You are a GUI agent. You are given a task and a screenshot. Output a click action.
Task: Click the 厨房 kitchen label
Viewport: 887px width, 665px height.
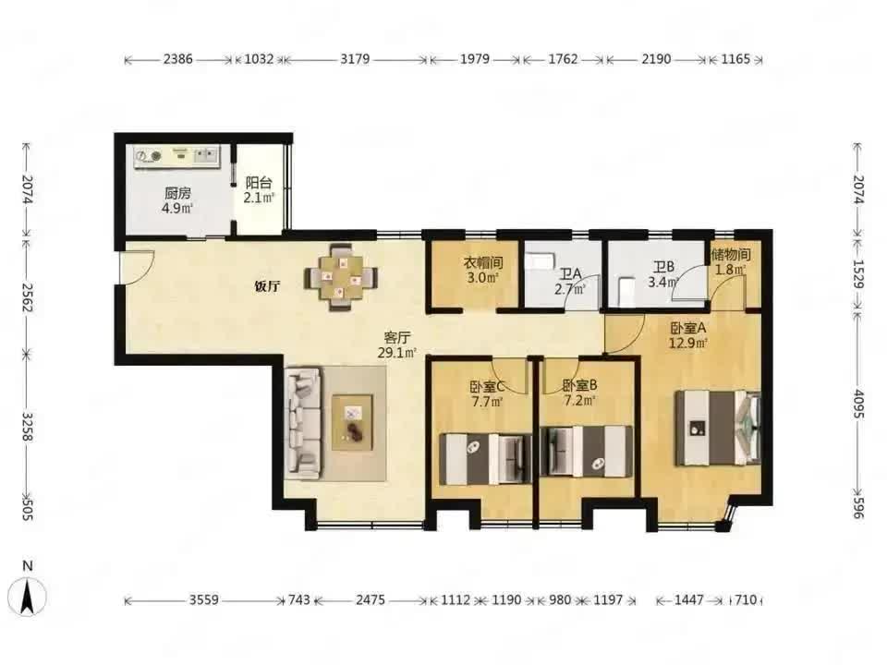click(177, 193)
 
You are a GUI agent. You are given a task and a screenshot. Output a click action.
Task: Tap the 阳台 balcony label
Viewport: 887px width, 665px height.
click(259, 183)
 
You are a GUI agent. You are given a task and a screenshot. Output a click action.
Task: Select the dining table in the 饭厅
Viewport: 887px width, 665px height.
click(341, 277)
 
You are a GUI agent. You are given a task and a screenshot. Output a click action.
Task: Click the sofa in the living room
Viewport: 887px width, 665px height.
click(303, 422)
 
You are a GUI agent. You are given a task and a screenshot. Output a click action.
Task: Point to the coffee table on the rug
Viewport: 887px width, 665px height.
click(352, 422)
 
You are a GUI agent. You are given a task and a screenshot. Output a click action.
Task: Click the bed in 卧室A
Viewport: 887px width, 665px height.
click(717, 428)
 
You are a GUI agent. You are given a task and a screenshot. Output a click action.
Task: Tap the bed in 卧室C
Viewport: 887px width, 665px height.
click(485, 459)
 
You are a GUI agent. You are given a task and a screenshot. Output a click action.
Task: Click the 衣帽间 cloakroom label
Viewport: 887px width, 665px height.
click(483, 262)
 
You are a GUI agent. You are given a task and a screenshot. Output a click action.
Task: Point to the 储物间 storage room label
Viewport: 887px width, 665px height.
click(731, 255)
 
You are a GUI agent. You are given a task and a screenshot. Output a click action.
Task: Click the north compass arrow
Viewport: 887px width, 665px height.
click(27, 598)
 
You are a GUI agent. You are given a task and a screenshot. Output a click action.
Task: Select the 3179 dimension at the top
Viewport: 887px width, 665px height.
click(355, 59)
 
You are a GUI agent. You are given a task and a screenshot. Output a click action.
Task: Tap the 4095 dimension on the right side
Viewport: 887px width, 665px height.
click(858, 404)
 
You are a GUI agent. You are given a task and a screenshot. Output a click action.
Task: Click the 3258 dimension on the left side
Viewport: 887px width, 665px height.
click(27, 427)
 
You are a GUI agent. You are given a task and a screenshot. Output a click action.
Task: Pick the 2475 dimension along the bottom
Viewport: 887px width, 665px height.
click(371, 599)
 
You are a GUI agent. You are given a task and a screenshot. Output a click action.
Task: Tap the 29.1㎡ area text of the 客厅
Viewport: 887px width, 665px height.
click(397, 353)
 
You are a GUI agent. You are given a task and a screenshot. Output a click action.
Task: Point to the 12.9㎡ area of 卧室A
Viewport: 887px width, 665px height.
click(688, 343)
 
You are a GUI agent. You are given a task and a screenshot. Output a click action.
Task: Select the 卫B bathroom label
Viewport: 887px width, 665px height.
click(663, 267)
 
